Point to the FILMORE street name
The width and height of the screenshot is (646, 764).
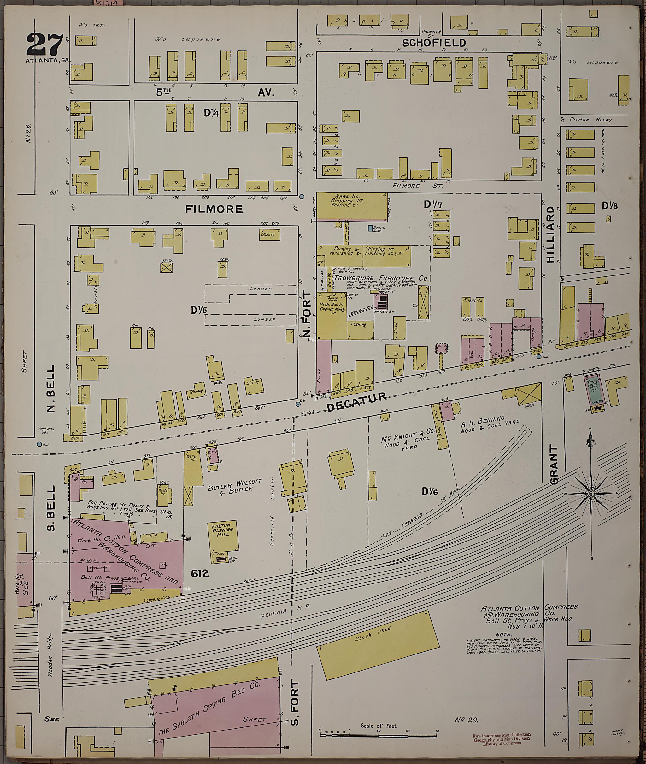pos(214,209)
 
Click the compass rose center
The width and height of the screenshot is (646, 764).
pos(590,494)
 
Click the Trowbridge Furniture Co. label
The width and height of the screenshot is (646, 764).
pos(381,278)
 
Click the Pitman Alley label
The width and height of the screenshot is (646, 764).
pos(591,120)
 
